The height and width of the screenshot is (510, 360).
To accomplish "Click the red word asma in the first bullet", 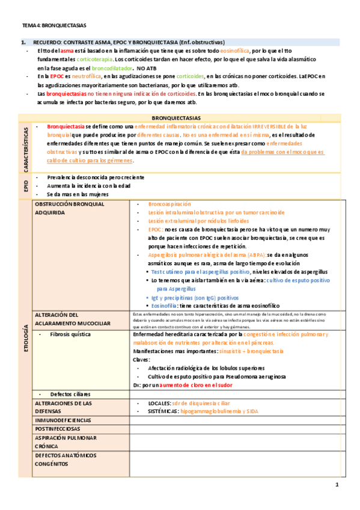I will pyautogui.click(x=66, y=52).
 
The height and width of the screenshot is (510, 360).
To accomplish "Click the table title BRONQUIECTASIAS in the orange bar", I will pyautogui.click(x=179, y=118).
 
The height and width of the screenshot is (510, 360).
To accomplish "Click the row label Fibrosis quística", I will pyautogui.click(x=72, y=334).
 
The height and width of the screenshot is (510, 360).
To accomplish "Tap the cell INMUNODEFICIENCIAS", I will pyautogui.click(x=63, y=420).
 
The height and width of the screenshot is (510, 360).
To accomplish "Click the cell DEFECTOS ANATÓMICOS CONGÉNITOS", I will pyautogui.click(x=66, y=459).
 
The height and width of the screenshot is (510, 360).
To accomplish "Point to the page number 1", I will pyautogui.click(x=337, y=485).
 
